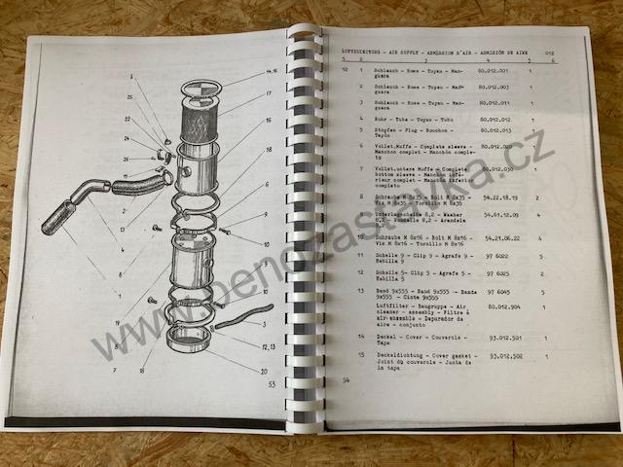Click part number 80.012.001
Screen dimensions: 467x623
tap(494, 72)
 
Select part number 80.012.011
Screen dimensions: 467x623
tap(494, 103)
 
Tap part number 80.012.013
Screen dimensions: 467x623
tap(494, 130)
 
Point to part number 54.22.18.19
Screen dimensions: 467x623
tap(497, 197)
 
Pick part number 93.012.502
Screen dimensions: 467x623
tap(506, 356)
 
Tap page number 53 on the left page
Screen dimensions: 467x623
tap(272, 384)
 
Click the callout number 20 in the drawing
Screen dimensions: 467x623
tap(263, 372)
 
